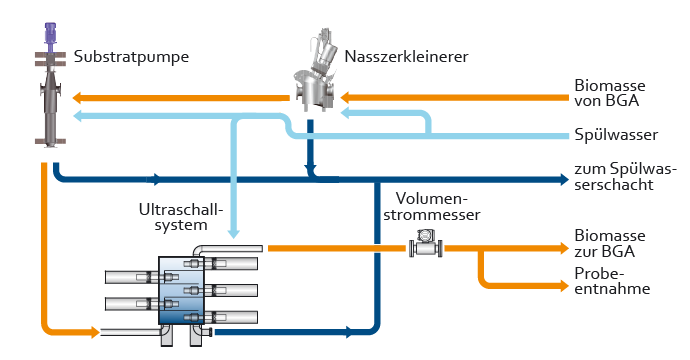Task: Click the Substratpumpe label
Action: pyautogui.click(x=131, y=57)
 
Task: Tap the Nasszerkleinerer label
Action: pyautogui.click(x=406, y=57)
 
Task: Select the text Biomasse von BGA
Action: pyautogui.click(x=609, y=93)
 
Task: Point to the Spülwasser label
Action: pyautogui.click(x=616, y=135)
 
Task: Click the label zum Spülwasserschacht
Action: pyautogui.click(x=625, y=176)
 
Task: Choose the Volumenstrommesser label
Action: pyautogui.click(x=432, y=206)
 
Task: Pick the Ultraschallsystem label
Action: pyautogui.click(x=181, y=217)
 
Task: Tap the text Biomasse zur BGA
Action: pyautogui.click(x=609, y=243)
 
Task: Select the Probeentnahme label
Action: pyautogui.click(x=612, y=281)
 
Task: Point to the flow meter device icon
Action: pyautogui.click(x=426, y=244)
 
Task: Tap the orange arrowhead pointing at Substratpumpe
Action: pyautogui.click(x=77, y=98)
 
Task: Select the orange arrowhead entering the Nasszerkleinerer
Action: pyautogui.click(x=345, y=97)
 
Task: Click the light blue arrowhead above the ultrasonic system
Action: pyautogui.click(x=233, y=233)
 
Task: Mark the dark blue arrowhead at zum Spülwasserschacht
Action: pyautogui.click(x=564, y=179)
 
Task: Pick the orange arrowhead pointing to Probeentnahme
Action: pyautogui.click(x=564, y=286)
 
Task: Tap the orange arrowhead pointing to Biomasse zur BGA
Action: pyautogui.click(x=564, y=248)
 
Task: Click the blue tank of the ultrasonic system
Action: pyautogui.click(x=181, y=290)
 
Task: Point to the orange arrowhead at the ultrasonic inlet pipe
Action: pyautogui.click(x=95, y=332)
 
